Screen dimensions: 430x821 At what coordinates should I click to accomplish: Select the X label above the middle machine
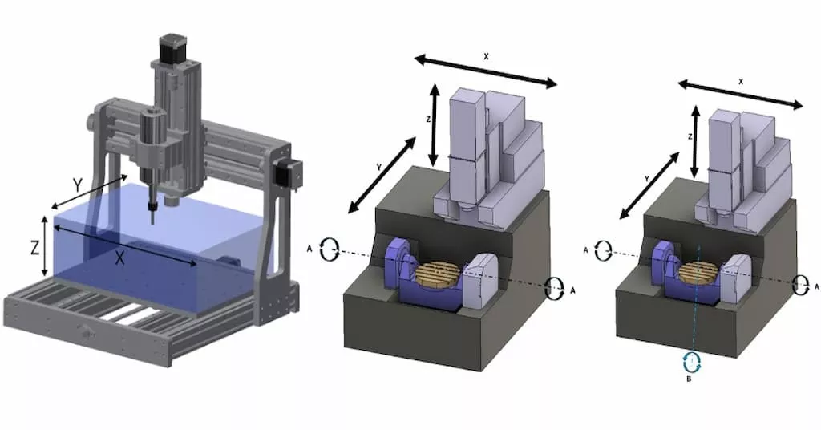[486, 57]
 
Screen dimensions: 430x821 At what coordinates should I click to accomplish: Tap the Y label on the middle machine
[378, 167]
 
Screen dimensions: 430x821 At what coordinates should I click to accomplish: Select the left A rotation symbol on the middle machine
[329, 249]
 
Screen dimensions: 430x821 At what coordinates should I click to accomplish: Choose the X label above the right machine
[740, 82]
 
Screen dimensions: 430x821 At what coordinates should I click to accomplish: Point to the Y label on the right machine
[647, 178]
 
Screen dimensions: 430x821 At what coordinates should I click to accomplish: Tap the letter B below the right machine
[689, 379]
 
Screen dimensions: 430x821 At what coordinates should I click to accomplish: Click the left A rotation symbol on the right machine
[604, 249]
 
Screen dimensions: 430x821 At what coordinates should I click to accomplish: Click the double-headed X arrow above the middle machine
[486, 71]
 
